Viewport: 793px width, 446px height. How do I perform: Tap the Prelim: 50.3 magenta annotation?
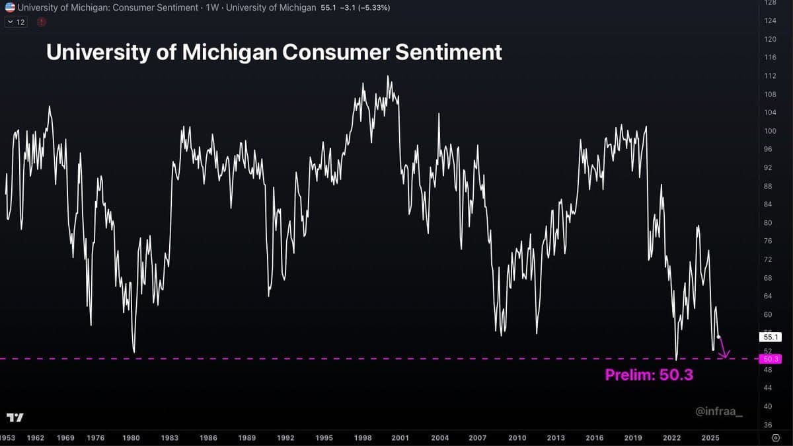[648, 375]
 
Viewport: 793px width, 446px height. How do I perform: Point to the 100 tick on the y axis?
[769, 131]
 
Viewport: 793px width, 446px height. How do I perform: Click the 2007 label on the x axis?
[478, 438]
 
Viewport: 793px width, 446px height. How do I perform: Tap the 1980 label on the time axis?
[131, 438]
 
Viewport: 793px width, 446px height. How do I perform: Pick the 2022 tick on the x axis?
[672, 438]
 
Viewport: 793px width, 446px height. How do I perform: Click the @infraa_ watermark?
[718, 412]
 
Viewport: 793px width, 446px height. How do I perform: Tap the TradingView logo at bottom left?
[15, 418]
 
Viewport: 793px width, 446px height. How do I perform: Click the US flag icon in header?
[9, 8]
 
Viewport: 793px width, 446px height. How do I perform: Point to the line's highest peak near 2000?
[389, 77]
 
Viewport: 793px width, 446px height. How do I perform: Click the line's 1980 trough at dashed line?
[134, 351]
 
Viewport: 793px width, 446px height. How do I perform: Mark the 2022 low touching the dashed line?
[677, 357]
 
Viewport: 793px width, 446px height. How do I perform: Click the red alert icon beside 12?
[42, 22]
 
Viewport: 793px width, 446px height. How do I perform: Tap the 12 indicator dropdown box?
[17, 22]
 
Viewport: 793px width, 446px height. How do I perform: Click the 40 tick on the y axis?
[769, 406]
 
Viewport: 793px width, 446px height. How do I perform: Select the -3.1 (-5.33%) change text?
[371, 8]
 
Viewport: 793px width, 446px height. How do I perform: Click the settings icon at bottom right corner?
[776, 438]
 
